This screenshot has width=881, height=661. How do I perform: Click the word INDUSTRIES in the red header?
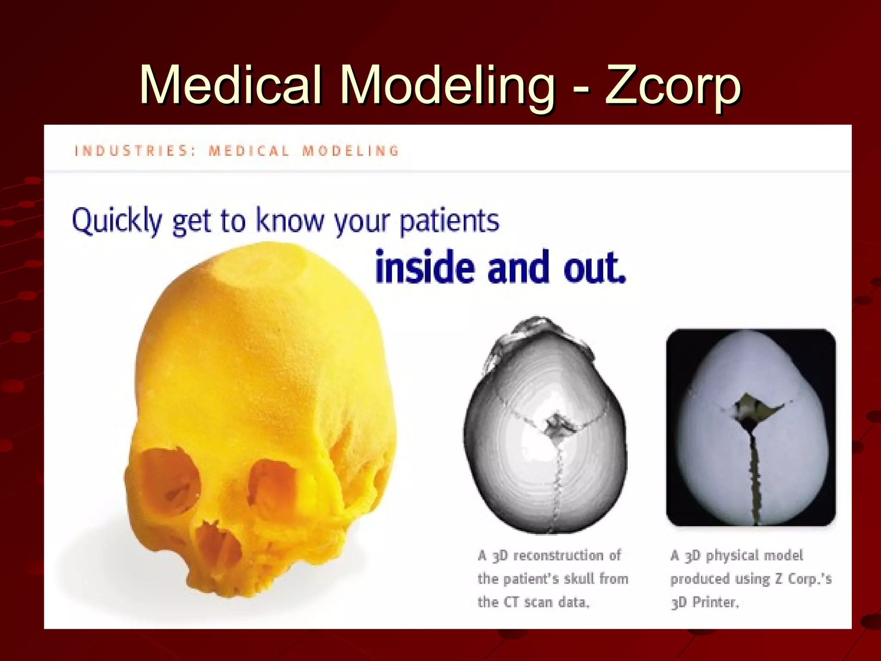[x=131, y=151]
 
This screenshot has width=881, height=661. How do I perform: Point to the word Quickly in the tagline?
[x=116, y=221]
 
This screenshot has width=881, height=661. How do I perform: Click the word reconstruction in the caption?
[x=558, y=556]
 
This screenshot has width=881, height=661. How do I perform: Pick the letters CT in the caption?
[x=511, y=602]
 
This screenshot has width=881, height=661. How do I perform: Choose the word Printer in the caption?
[x=715, y=602]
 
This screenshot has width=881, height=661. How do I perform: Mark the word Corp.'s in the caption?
[x=810, y=579]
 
